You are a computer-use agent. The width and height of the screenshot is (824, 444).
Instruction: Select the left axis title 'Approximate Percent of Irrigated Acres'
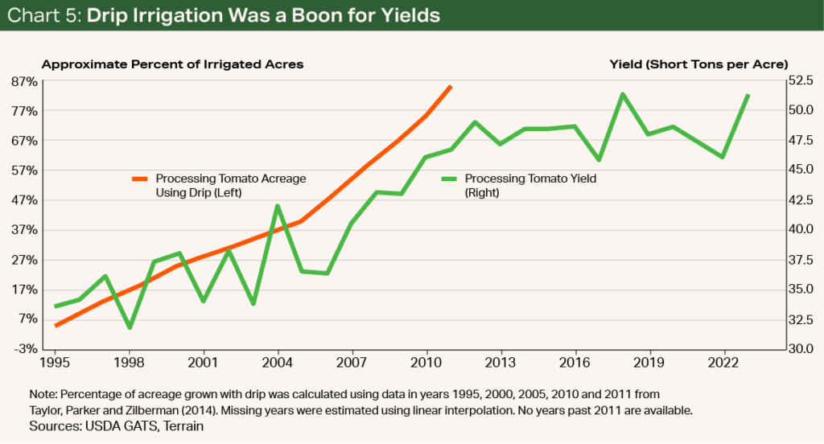point(172,64)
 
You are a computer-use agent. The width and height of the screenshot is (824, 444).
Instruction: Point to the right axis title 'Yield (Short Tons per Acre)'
point(698,64)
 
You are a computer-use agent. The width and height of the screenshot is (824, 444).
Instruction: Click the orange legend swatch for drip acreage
point(142,179)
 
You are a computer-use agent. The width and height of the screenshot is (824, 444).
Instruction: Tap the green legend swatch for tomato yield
point(450,179)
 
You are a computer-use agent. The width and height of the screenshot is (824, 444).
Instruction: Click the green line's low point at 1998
point(130,327)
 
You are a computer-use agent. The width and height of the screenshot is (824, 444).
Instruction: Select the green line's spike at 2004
point(278,206)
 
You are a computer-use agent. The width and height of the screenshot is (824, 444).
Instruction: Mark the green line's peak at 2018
point(623,94)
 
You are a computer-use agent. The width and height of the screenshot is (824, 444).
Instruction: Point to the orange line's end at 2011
point(451,86)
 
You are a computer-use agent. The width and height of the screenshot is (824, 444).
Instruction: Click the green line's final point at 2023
point(748,95)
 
